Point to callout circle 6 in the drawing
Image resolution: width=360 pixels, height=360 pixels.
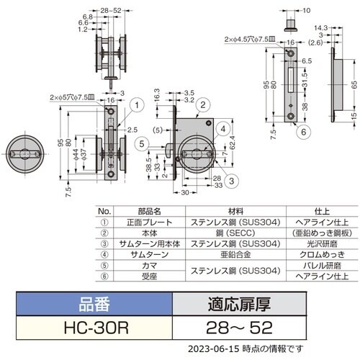click(x=304, y=131)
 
